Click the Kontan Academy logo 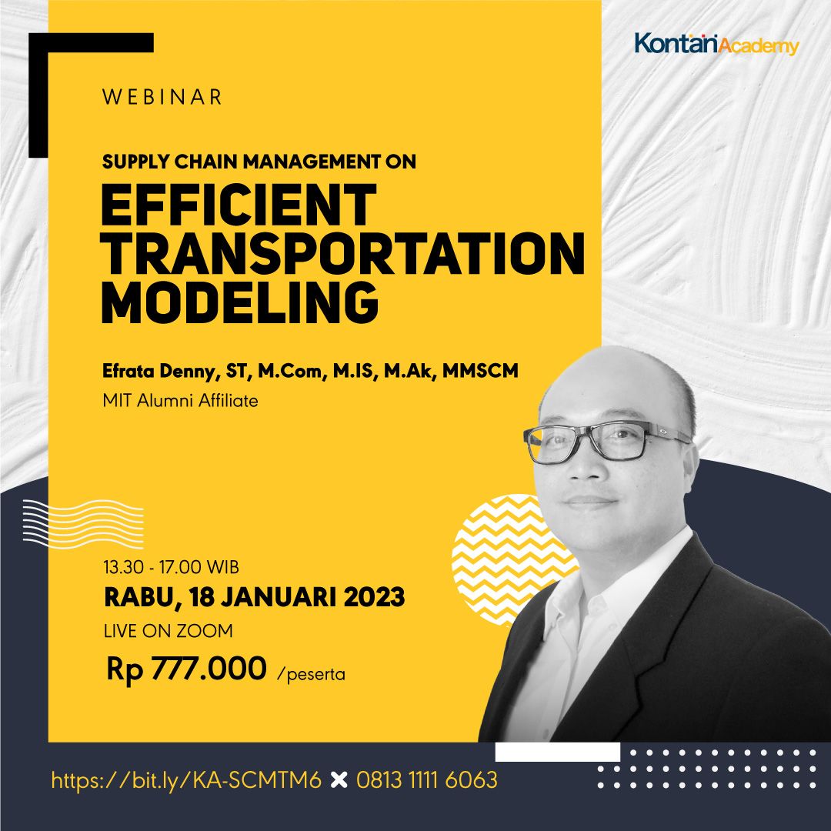[x=716, y=44]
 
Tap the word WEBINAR [x=162, y=97]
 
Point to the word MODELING [x=239, y=303]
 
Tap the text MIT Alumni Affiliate [x=180, y=400]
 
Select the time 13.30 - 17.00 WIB [x=171, y=568]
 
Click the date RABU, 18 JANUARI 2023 [x=254, y=597]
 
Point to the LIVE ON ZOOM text [x=169, y=631]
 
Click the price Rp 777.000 [x=186, y=668]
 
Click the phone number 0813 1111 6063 [x=426, y=780]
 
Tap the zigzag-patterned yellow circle [x=508, y=546]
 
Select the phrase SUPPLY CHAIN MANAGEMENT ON [x=259, y=162]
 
